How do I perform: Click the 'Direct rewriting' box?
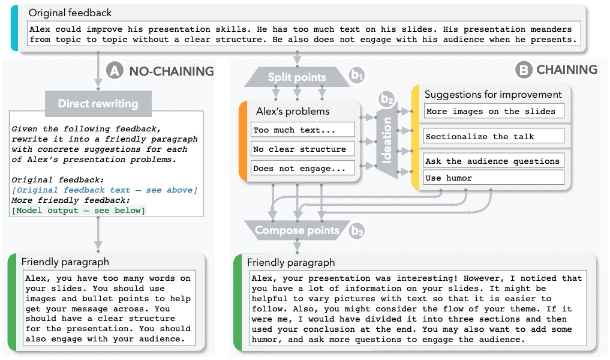(x=98, y=103)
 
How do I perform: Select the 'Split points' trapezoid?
(x=297, y=77)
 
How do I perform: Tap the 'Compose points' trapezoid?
(x=296, y=230)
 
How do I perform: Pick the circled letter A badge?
(x=114, y=71)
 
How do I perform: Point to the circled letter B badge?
(x=523, y=70)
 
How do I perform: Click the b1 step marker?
(x=357, y=76)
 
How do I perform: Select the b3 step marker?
(x=357, y=230)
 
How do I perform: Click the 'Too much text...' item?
(x=302, y=130)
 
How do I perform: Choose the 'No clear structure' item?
(x=302, y=149)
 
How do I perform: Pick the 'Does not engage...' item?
(x=302, y=169)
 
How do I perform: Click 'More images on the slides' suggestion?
(x=494, y=111)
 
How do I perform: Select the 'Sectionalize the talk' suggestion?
(x=494, y=136)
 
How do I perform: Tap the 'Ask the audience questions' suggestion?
(x=494, y=161)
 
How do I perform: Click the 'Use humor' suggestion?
(x=494, y=178)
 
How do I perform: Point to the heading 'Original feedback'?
(x=70, y=13)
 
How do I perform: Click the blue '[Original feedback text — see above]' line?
(x=104, y=190)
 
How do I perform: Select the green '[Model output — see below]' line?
(x=78, y=210)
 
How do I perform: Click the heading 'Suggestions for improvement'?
(x=492, y=94)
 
